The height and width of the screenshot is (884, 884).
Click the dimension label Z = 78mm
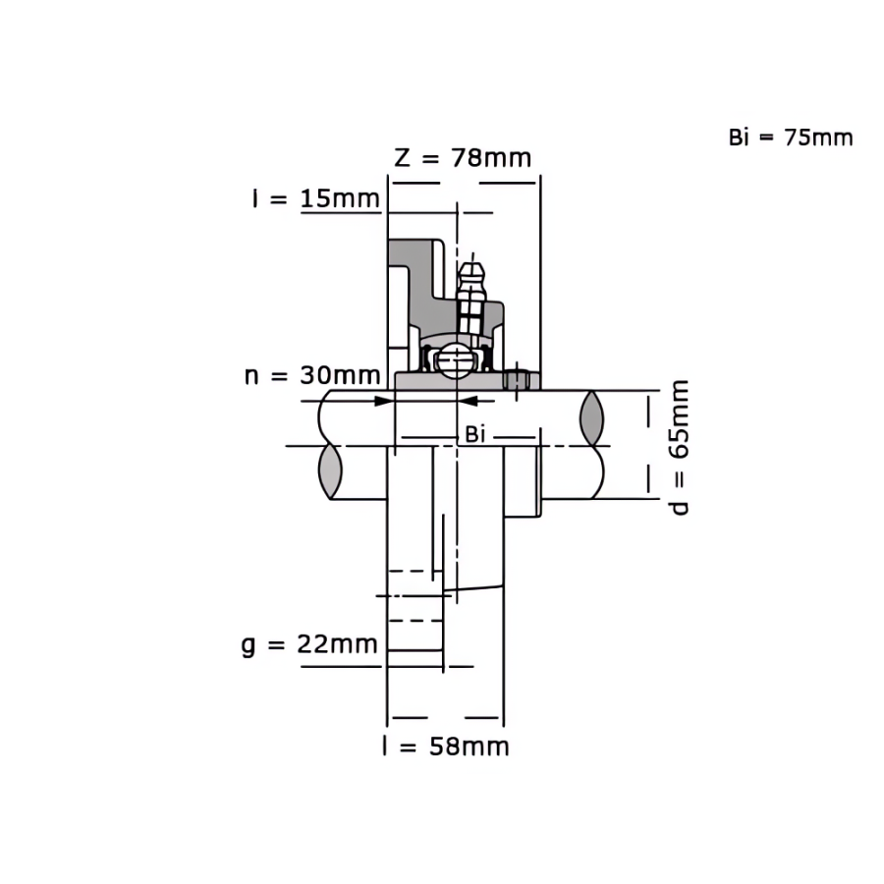click(x=463, y=158)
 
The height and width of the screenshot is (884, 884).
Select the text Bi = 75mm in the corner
click(x=791, y=138)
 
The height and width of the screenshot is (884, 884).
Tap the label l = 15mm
click(x=316, y=198)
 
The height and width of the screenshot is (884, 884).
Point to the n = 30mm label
click(x=312, y=375)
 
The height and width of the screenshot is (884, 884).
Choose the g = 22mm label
click(x=309, y=644)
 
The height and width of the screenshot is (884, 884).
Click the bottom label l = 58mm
click(x=445, y=746)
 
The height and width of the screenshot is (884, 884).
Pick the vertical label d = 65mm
click(x=680, y=448)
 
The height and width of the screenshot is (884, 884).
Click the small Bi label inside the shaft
click(x=474, y=435)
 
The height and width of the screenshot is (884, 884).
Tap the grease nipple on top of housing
click(x=471, y=298)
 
